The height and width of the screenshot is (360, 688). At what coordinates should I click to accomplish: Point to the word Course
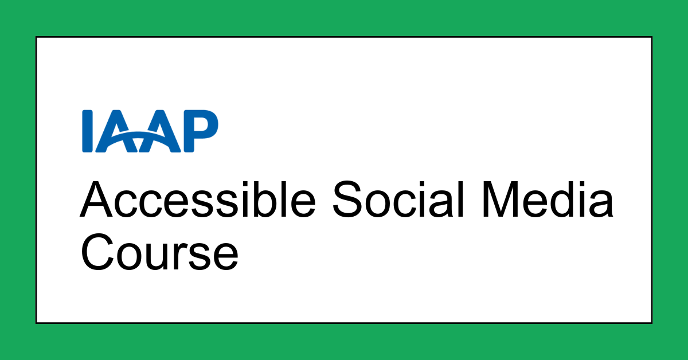click(159, 252)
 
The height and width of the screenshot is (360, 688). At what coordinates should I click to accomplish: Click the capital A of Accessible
click(98, 200)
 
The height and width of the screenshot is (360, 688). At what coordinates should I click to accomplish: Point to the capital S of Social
click(349, 200)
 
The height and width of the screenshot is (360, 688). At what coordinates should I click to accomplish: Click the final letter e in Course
click(224, 257)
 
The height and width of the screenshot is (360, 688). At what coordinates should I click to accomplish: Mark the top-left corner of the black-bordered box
click(37, 37)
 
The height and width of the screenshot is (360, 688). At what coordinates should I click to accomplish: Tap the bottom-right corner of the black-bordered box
click(651, 323)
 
